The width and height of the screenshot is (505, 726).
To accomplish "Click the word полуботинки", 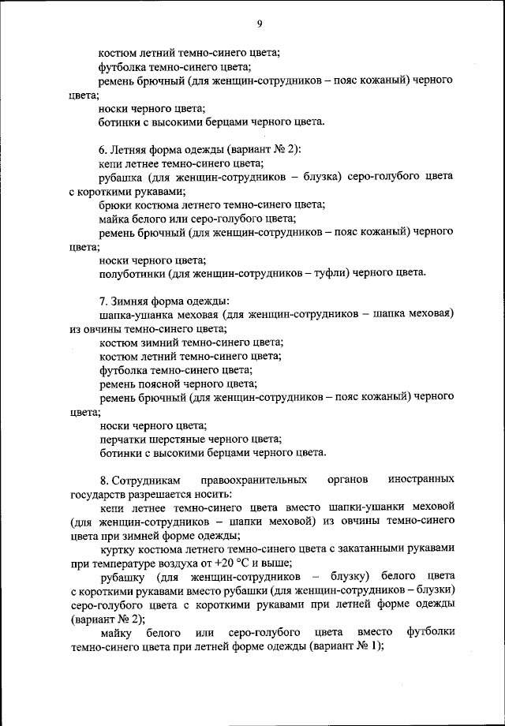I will [x=132, y=273].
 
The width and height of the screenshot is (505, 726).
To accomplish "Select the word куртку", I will [x=119, y=550].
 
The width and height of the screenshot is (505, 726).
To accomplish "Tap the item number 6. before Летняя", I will [x=103, y=150].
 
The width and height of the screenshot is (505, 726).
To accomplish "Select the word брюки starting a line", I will [x=115, y=204].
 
